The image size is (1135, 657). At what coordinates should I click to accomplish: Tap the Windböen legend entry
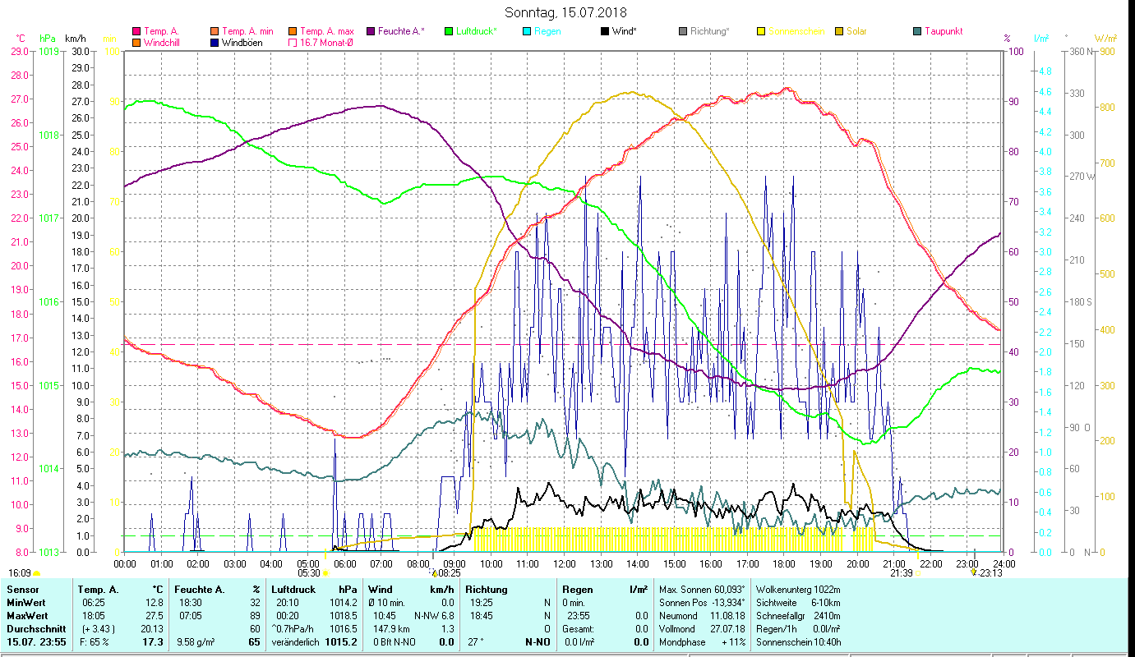coord(242,43)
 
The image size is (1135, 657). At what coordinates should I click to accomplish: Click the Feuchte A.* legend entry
coord(401,31)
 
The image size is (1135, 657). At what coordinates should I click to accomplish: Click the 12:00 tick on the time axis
coord(564,563)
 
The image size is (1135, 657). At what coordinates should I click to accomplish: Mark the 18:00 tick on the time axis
coord(784,563)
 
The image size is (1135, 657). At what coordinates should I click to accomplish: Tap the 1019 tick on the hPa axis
coord(48,51)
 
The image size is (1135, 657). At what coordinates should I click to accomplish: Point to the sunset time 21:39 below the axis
coord(902,573)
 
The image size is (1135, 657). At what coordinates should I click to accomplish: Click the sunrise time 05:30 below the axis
coord(309,573)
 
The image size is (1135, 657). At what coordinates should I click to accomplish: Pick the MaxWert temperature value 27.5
coord(153,615)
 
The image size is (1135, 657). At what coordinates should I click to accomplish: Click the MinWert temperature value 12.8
coord(153,602)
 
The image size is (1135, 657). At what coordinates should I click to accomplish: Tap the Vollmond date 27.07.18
coord(726,628)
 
